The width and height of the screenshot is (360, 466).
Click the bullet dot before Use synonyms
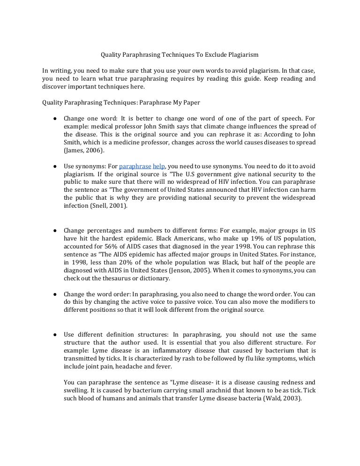click(x=55, y=166)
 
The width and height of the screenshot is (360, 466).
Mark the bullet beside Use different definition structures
click(x=55, y=334)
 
